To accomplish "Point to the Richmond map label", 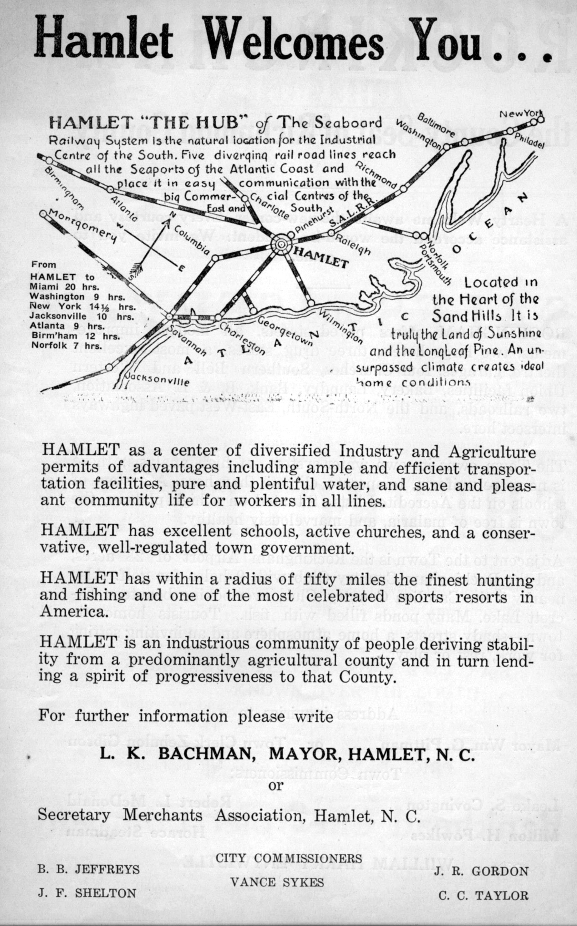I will pos(376,175).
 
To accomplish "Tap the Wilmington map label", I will pos(339,326).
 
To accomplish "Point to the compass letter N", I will pos(172,215).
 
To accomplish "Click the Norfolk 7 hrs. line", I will pos(67,346).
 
